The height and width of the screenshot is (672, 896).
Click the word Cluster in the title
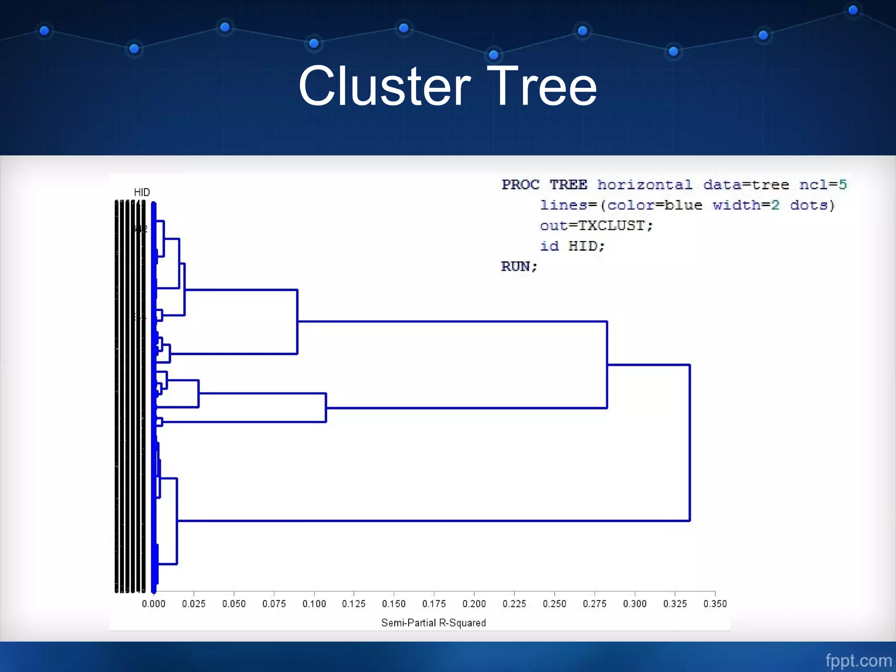[x=385, y=86]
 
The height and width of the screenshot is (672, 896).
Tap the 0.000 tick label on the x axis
[x=154, y=604]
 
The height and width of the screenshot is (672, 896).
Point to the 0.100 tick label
[x=314, y=604]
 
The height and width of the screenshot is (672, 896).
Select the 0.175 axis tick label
[x=434, y=604]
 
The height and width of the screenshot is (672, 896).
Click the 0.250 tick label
[x=554, y=604]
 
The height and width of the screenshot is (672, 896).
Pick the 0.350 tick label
[x=715, y=604]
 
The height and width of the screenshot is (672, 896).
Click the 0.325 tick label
[x=675, y=604]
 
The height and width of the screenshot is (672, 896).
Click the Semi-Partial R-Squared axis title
[x=433, y=623]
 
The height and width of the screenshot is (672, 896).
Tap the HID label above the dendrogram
[x=142, y=192]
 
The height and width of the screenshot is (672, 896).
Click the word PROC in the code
[x=521, y=185]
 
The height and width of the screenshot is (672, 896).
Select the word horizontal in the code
[x=645, y=185]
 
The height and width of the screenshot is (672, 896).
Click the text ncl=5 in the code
[x=823, y=185]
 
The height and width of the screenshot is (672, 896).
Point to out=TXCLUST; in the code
[x=596, y=226]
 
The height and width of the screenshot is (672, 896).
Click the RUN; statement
[x=519, y=266]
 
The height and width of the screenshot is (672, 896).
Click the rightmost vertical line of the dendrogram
[x=689, y=442]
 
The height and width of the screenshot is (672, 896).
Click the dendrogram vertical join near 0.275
[x=607, y=364]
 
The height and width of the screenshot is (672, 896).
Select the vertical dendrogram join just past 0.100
[x=326, y=408]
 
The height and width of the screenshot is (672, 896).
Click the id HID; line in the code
[x=572, y=246]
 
